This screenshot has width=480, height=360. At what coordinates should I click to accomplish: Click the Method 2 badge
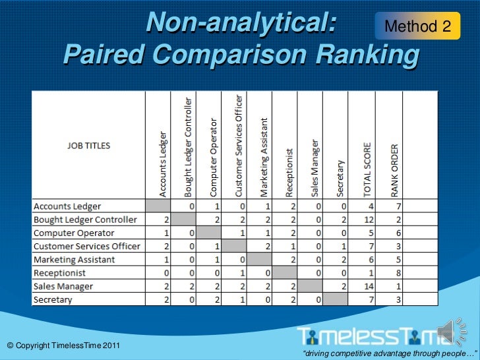418,26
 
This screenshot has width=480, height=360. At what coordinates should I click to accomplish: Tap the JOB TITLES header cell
89,145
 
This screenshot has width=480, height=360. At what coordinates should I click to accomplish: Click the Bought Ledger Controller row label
85,219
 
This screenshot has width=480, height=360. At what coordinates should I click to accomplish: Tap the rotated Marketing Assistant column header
264,157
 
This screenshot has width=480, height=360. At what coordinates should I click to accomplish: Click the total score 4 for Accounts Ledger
371,206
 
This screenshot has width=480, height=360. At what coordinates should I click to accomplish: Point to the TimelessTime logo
373,336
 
